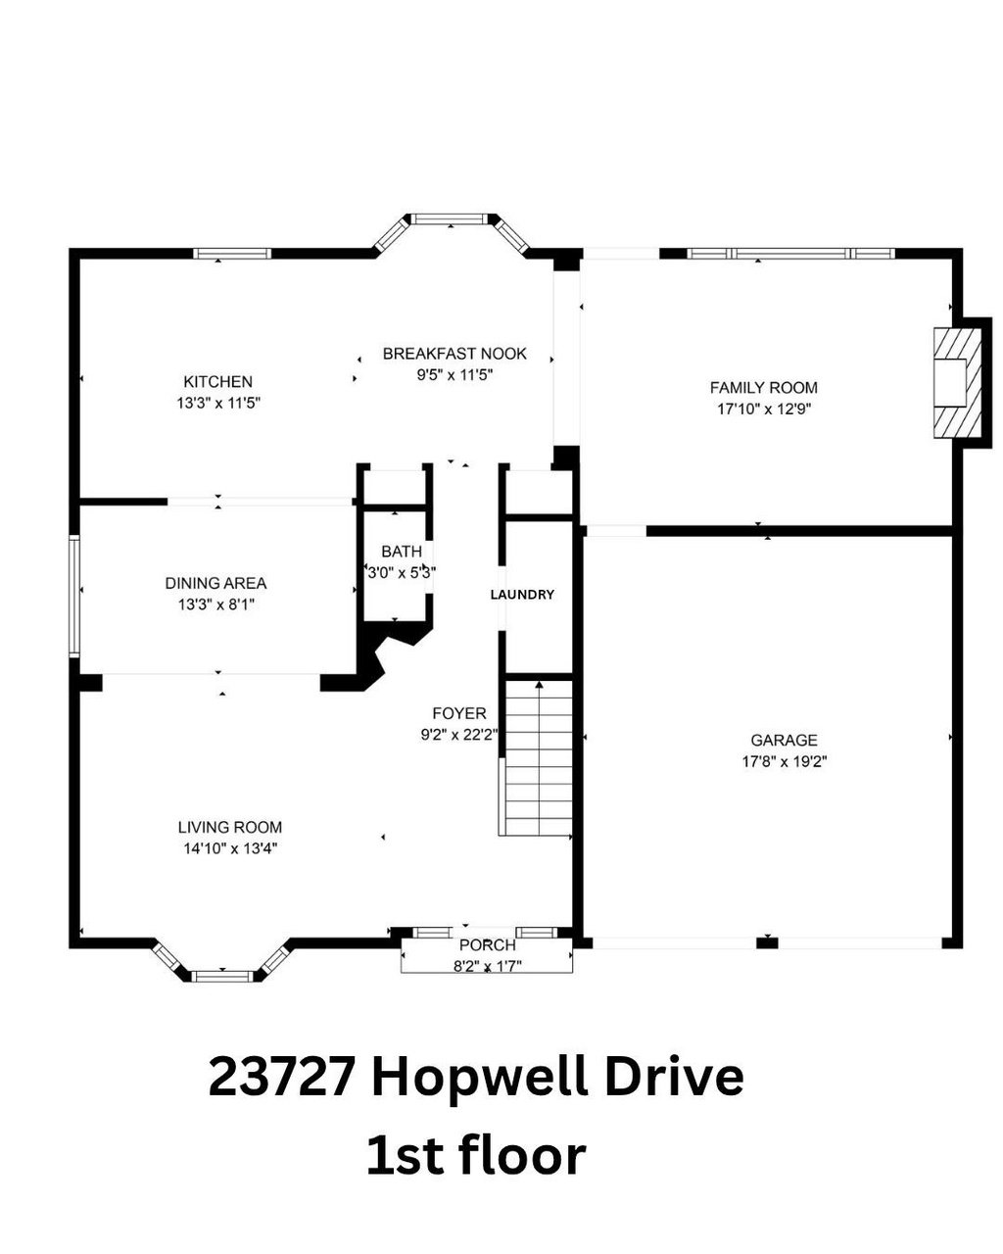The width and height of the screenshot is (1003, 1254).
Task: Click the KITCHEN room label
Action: coord(217,381)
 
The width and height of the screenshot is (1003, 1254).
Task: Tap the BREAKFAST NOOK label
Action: coord(454,353)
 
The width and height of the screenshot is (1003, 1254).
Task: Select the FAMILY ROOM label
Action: coord(763,387)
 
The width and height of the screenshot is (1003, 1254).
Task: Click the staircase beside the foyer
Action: coord(537,756)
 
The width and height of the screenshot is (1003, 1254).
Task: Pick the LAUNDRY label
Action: coord(522,595)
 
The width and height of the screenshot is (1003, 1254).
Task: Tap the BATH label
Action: coord(402,553)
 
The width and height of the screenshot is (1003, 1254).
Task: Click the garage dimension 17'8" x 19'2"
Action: coord(784,761)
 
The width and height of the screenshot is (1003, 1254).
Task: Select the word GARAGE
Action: coord(784,740)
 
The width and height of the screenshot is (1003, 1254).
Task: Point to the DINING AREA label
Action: coord(215,583)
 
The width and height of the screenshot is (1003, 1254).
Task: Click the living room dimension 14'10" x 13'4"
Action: coord(230,848)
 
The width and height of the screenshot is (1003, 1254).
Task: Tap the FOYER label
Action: coord(459,713)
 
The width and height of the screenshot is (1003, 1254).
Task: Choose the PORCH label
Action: coord(487,945)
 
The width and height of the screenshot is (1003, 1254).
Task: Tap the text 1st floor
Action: coord(476,1155)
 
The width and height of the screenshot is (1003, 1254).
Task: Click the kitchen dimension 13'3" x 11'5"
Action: coord(217,402)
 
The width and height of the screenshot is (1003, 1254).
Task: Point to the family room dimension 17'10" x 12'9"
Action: coord(763,409)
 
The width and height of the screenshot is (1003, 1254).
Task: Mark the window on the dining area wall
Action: coord(74,595)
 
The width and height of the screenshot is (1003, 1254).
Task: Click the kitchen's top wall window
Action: coord(232,253)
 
